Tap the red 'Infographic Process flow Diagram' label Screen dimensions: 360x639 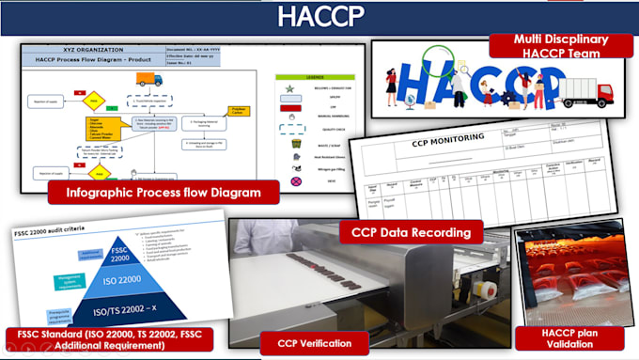pyautogui.click(x=164, y=195)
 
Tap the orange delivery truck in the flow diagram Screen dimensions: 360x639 pyautogui.click(x=150, y=80)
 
